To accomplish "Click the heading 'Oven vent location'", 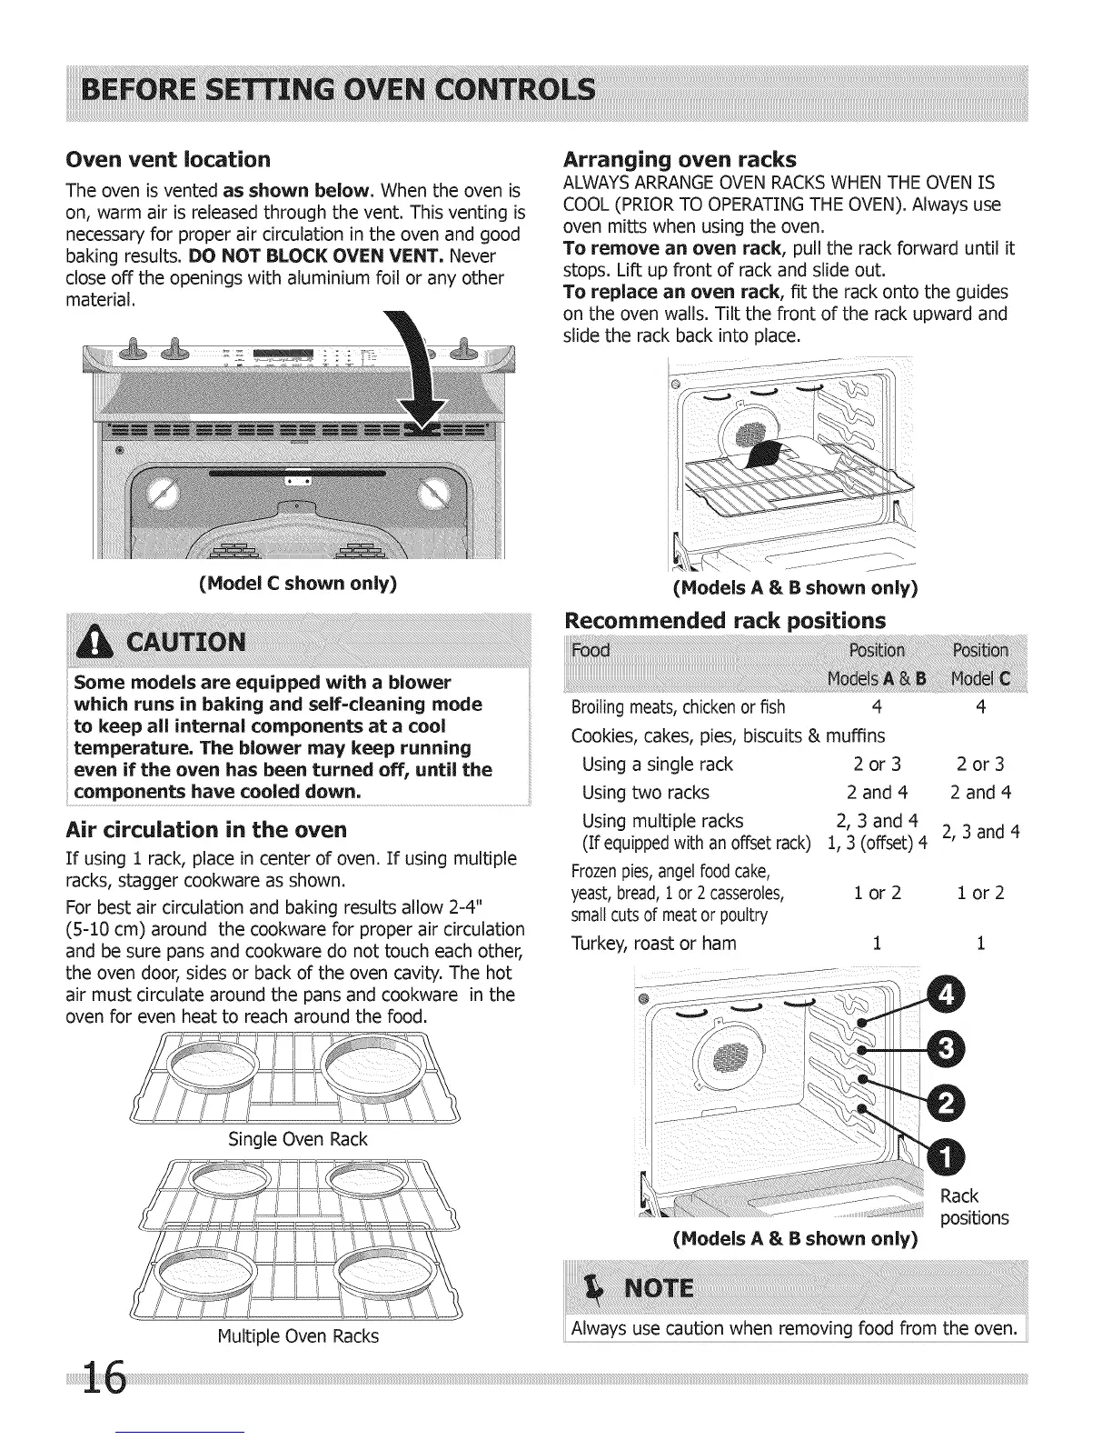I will pyautogui.click(x=168, y=160).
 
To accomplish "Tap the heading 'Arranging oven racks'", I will pyautogui.click(x=680, y=159).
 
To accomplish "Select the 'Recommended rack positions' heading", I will pyautogui.click(x=724, y=621).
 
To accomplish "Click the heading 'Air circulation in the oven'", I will pyautogui.click(x=207, y=830).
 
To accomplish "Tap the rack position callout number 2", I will pyautogui.click(x=945, y=1105).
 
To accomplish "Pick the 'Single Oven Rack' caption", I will pyautogui.click(x=298, y=1139).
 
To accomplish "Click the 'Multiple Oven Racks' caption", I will pyautogui.click(x=298, y=1336).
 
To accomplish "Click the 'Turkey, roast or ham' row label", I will pyautogui.click(x=654, y=944).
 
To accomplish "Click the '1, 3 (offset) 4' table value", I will pyautogui.click(x=876, y=843).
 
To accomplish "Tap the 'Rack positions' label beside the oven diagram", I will pyautogui.click(x=973, y=1207).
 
